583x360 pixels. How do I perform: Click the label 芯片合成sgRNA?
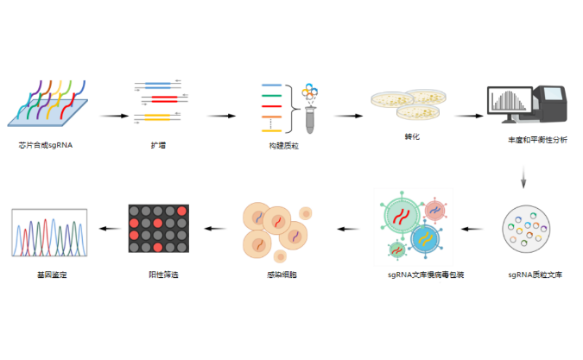(x=45, y=145)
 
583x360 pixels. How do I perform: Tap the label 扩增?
(x=158, y=145)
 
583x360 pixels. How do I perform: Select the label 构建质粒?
(x=283, y=145)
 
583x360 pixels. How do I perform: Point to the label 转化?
(x=412, y=137)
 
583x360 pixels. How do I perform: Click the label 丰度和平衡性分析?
(x=537, y=139)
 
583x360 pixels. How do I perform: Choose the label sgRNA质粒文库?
(x=535, y=274)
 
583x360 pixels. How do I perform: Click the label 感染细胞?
(x=282, y=274)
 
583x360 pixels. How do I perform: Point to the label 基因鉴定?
(x=50, y=274)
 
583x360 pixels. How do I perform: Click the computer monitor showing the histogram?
(x=513, y=104)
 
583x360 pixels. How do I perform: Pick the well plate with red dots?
(x=158, y=229)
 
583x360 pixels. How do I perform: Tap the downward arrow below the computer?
(x=523, y=179)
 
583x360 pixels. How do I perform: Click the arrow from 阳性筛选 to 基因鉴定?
(x=108, y=228)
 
